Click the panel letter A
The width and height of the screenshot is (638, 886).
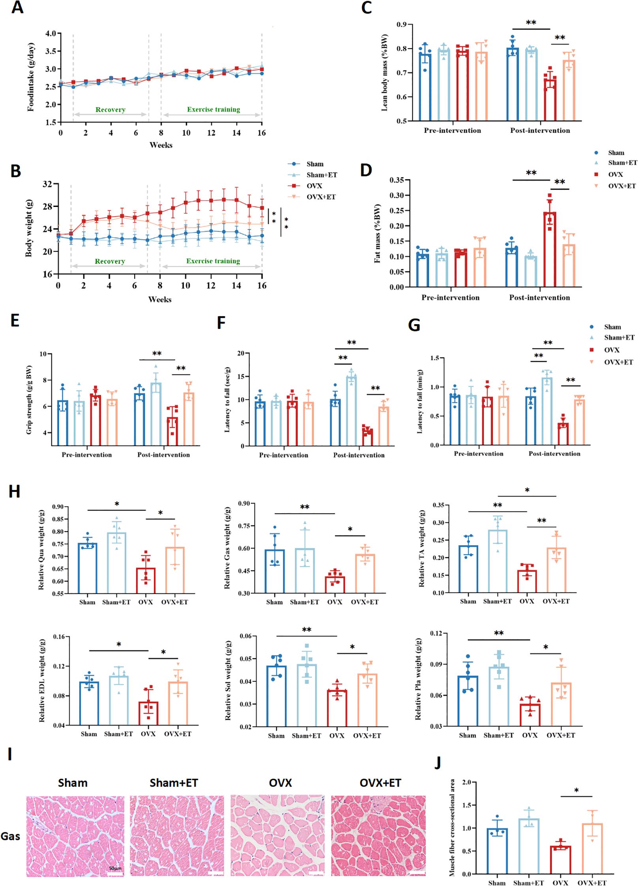click(17, 8)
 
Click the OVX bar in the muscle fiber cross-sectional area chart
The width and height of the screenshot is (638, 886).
click(560, 860)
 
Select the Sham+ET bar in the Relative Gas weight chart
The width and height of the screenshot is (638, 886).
click(304, 571)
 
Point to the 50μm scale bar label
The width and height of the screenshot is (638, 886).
click(115, 869)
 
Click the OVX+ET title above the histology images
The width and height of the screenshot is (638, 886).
click(380, 783)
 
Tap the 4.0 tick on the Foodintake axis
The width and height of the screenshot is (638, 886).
click(51, 33)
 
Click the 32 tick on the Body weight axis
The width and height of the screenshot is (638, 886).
click(47, 184)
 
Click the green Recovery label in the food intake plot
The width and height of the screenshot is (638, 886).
click(110, 110)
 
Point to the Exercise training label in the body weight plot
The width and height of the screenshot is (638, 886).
click(213, 261)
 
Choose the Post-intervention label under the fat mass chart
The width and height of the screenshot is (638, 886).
click(539, 298)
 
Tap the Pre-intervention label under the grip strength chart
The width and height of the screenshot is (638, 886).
click(86, 455)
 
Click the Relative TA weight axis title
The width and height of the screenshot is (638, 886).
click(422, 548)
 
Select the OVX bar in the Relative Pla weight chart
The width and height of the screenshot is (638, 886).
click(530, 715)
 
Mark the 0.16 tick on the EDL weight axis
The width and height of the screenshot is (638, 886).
click(59, 637)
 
